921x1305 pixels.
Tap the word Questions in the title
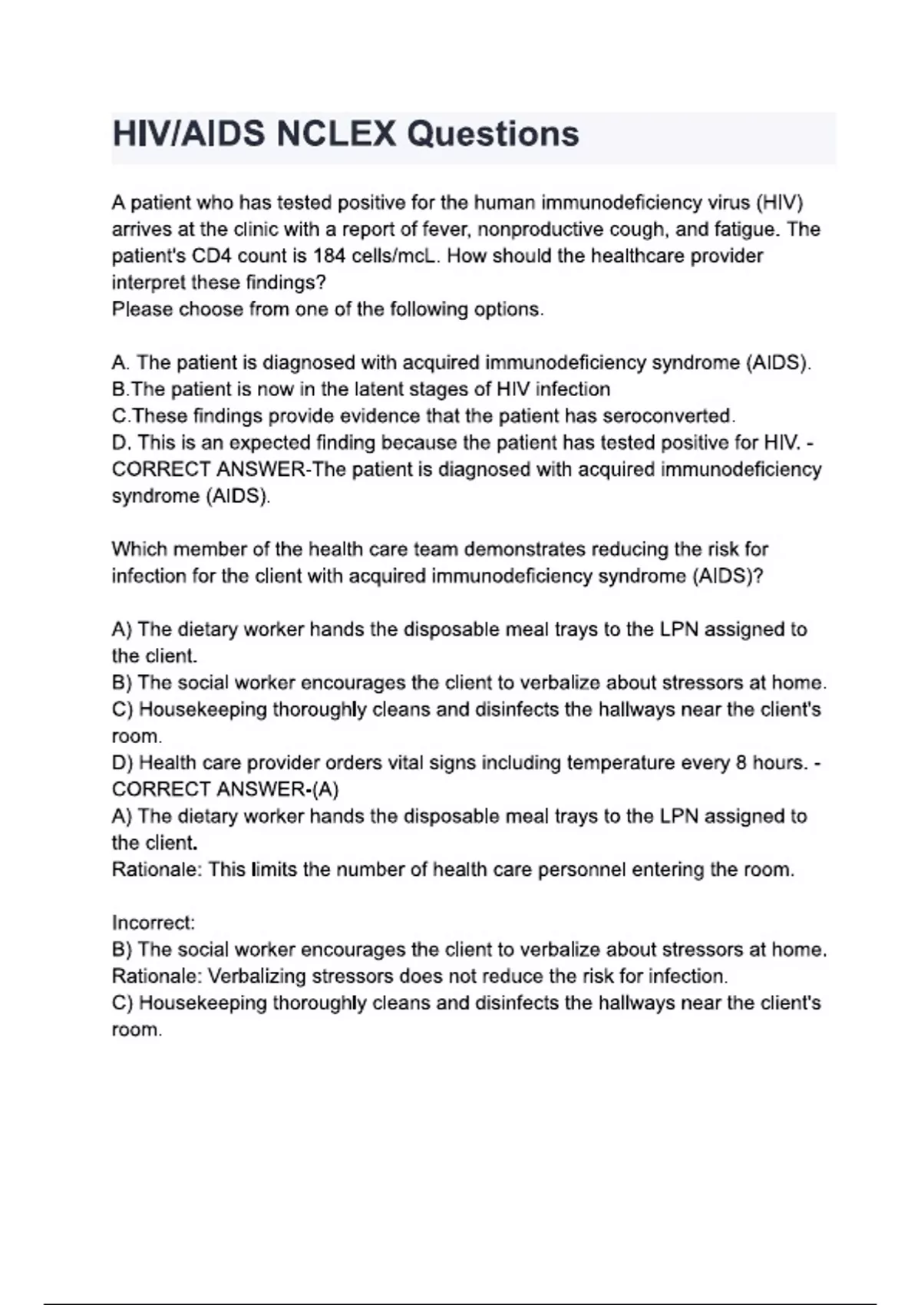pyautogui.click(x=493, y=134)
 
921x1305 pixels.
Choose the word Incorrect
pyautogui.click(x=153, y=923)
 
